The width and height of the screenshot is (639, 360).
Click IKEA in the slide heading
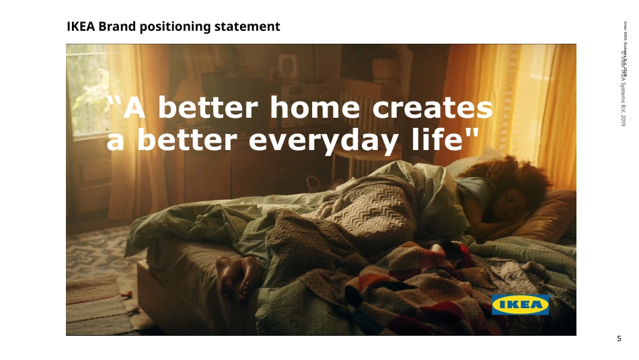tap(81, 27)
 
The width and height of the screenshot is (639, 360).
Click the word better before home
tap(209, 108)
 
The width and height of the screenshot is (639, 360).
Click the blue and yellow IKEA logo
tap(520, 305)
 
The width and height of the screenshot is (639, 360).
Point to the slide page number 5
tap(619, 338)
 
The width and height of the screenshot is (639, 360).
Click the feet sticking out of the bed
tap(239, 276)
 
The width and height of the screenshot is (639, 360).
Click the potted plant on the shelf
tap(385, 64)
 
